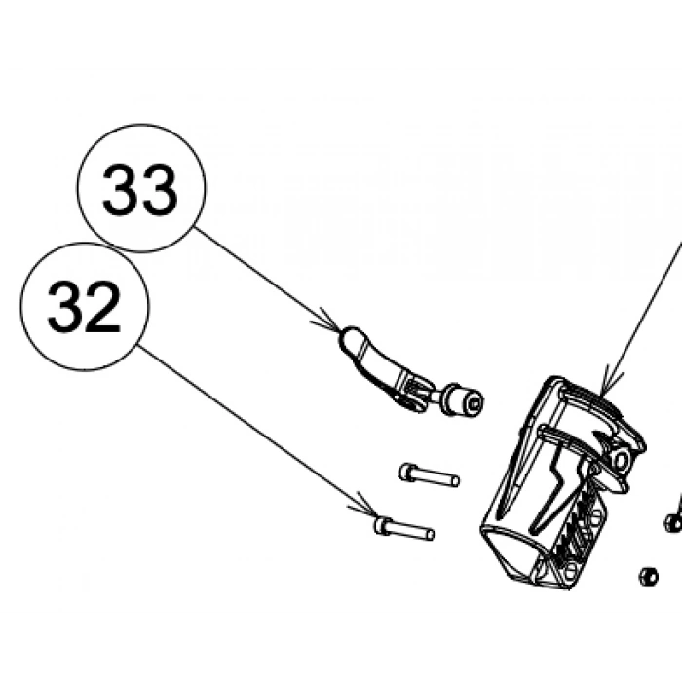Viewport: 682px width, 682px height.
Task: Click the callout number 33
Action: tap(140, 189)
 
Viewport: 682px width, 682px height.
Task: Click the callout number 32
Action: tap(84, 307)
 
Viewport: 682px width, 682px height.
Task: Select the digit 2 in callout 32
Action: tap(102, 307)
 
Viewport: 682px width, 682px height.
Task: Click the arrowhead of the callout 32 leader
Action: tap(365, 507)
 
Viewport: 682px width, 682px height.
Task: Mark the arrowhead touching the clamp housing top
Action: tap(609, 383)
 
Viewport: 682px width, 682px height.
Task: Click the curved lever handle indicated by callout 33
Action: tap(383, 369)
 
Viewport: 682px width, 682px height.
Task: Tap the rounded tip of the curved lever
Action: tap(350, 336)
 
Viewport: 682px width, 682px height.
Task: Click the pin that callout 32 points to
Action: tap(403, 529)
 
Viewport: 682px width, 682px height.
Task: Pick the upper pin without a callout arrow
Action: tap(429, 475)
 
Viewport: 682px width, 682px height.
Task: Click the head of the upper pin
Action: tap(406, 471)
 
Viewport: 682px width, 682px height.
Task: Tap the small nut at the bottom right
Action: tap(648, 577)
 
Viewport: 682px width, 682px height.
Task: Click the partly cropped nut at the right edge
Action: tap(674, 523)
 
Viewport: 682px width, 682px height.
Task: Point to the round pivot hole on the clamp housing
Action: tap(623, 459)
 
